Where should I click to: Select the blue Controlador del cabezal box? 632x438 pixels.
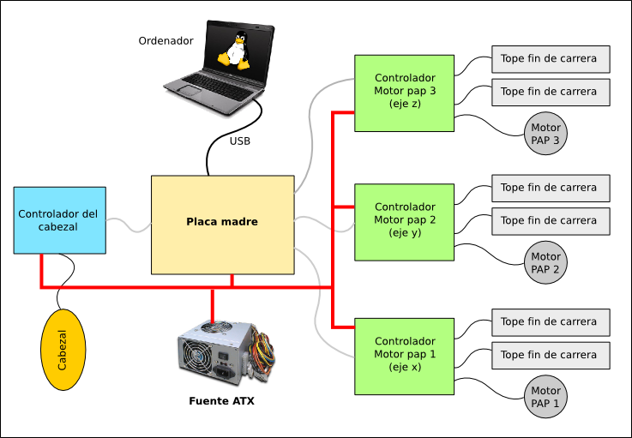pos(59,220)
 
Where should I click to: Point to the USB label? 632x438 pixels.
pos(240,141)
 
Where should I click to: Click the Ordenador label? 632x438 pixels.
pos(166,40)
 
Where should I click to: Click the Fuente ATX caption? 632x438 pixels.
pos(221,400)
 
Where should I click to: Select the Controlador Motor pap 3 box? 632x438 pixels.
pos(405,93)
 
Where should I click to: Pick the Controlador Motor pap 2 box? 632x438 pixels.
pos(405,221)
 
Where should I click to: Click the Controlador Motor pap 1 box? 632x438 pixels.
pos(405,355)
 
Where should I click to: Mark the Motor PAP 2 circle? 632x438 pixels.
pos(545,263)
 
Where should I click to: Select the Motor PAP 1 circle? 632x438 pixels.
pos(545,397)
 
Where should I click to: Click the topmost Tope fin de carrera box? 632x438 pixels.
pos(550,59)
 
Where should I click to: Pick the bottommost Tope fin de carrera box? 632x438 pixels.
pos(550,355)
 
